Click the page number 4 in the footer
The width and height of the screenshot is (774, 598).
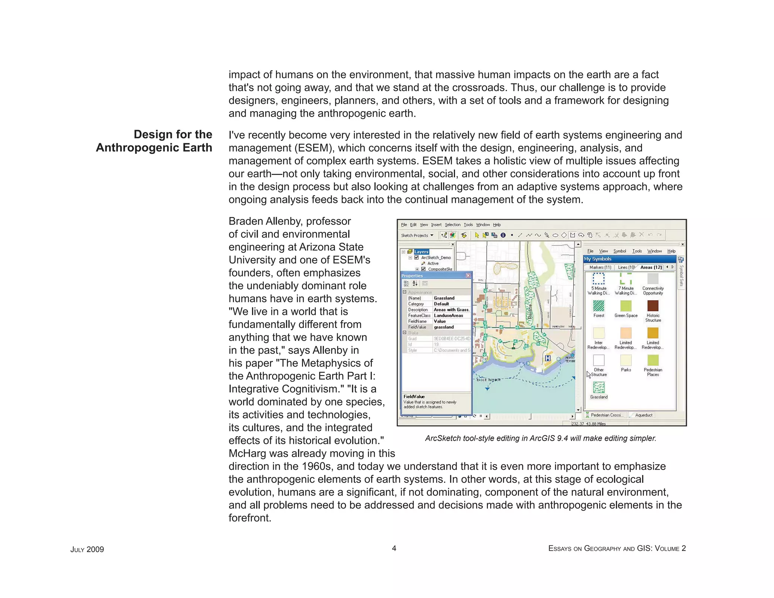pos(394,548)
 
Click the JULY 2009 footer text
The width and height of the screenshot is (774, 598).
pos(87,549)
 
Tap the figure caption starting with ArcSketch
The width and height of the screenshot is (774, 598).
pos(540,438)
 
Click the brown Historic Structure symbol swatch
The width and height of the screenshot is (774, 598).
pos(653,305)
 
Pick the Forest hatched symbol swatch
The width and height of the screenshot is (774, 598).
pos(599,305)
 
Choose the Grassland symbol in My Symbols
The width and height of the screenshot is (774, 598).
pos(599,387)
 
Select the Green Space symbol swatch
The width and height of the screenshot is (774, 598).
pos(626,305)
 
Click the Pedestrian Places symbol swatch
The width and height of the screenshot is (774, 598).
pos(653,360)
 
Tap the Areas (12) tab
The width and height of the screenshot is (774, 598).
pos(651,267)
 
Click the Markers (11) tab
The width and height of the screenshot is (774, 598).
pos(600,267)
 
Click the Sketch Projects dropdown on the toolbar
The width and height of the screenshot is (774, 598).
pos(417,235)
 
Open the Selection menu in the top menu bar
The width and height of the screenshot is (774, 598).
pos(452,225)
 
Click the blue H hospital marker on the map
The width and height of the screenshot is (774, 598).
pos(548,358)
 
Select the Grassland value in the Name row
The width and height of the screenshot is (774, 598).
pos(444,298)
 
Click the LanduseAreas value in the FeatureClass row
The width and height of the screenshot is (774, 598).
pos(448,315)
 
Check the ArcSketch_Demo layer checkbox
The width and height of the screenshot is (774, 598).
pos(416,257)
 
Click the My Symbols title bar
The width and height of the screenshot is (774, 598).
pos(629,259)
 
